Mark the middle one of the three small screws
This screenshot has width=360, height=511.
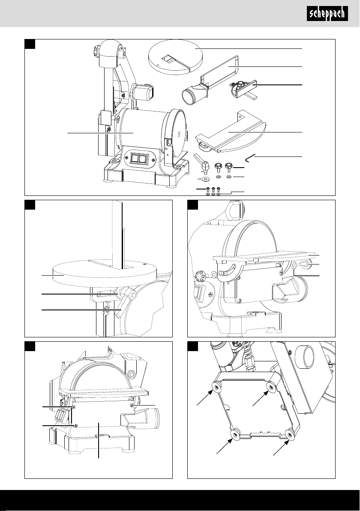point(213,189)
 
